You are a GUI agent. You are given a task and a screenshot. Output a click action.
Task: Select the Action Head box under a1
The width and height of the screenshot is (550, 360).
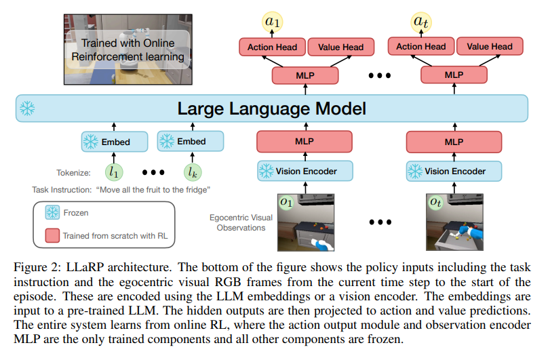[x=269, y=47]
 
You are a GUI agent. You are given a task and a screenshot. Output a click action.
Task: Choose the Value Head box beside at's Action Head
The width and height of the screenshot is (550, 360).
[x=489, y=47]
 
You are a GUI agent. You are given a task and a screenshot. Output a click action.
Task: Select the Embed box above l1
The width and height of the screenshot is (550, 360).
[x=114, y=142]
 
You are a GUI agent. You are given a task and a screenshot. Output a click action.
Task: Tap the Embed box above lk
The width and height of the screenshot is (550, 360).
[x=191, y=142]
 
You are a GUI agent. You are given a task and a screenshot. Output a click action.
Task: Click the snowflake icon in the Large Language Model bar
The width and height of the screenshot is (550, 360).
[x=28, y=108]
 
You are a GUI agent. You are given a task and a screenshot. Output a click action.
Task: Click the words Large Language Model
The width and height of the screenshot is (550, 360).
[x=271, y=108]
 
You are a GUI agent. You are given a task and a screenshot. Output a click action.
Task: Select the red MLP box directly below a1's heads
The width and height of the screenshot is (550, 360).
[x=305, y=75]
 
